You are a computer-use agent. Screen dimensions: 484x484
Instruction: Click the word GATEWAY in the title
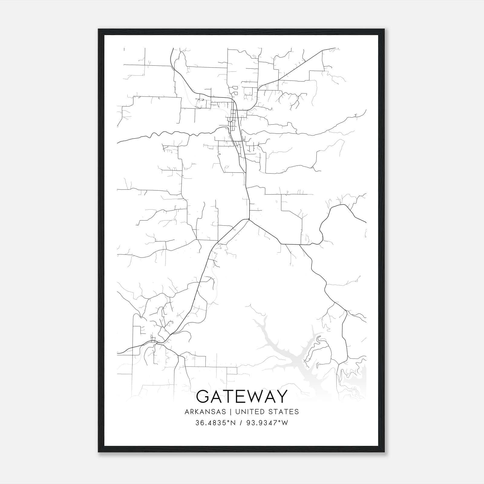tap(242, 397)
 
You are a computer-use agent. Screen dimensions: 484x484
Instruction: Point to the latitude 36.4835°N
tap(215, 423)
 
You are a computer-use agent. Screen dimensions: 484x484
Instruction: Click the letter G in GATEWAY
tap(203, 397)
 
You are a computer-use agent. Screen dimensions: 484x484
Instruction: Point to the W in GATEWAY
tap(253, 397)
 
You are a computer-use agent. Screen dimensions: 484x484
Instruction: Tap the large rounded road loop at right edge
tap(342, 224)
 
